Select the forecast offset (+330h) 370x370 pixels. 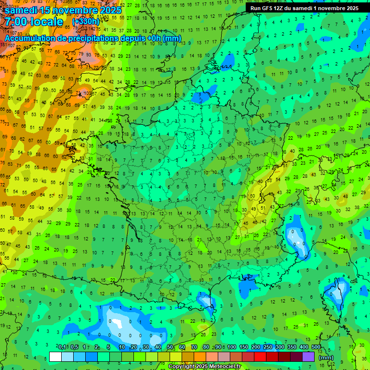point(85,22)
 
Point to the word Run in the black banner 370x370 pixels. point(255,8)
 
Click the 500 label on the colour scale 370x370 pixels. point(316,347)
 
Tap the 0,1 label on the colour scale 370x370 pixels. point(62,347)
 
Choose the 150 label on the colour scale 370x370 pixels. point(244,347)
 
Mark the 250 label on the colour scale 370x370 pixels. point(268,347)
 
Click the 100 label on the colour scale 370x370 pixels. point(232,347)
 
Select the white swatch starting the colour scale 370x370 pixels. point(55,357)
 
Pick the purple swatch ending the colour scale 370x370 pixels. point(308,357)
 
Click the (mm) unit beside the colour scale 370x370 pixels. point(326,357)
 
